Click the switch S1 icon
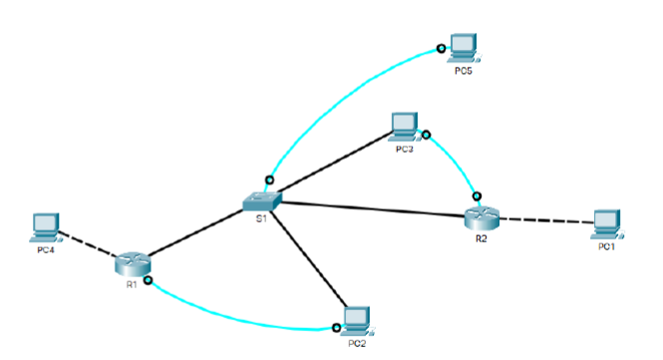(x=262, y=198)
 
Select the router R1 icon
(x=131, y=263)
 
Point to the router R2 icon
(x=481, y=215)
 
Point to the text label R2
(x=482, y=238)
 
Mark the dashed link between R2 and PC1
(x=544, y=219)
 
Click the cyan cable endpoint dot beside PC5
(x=440, y=47)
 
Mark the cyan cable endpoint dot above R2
(x=478, y=195)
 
